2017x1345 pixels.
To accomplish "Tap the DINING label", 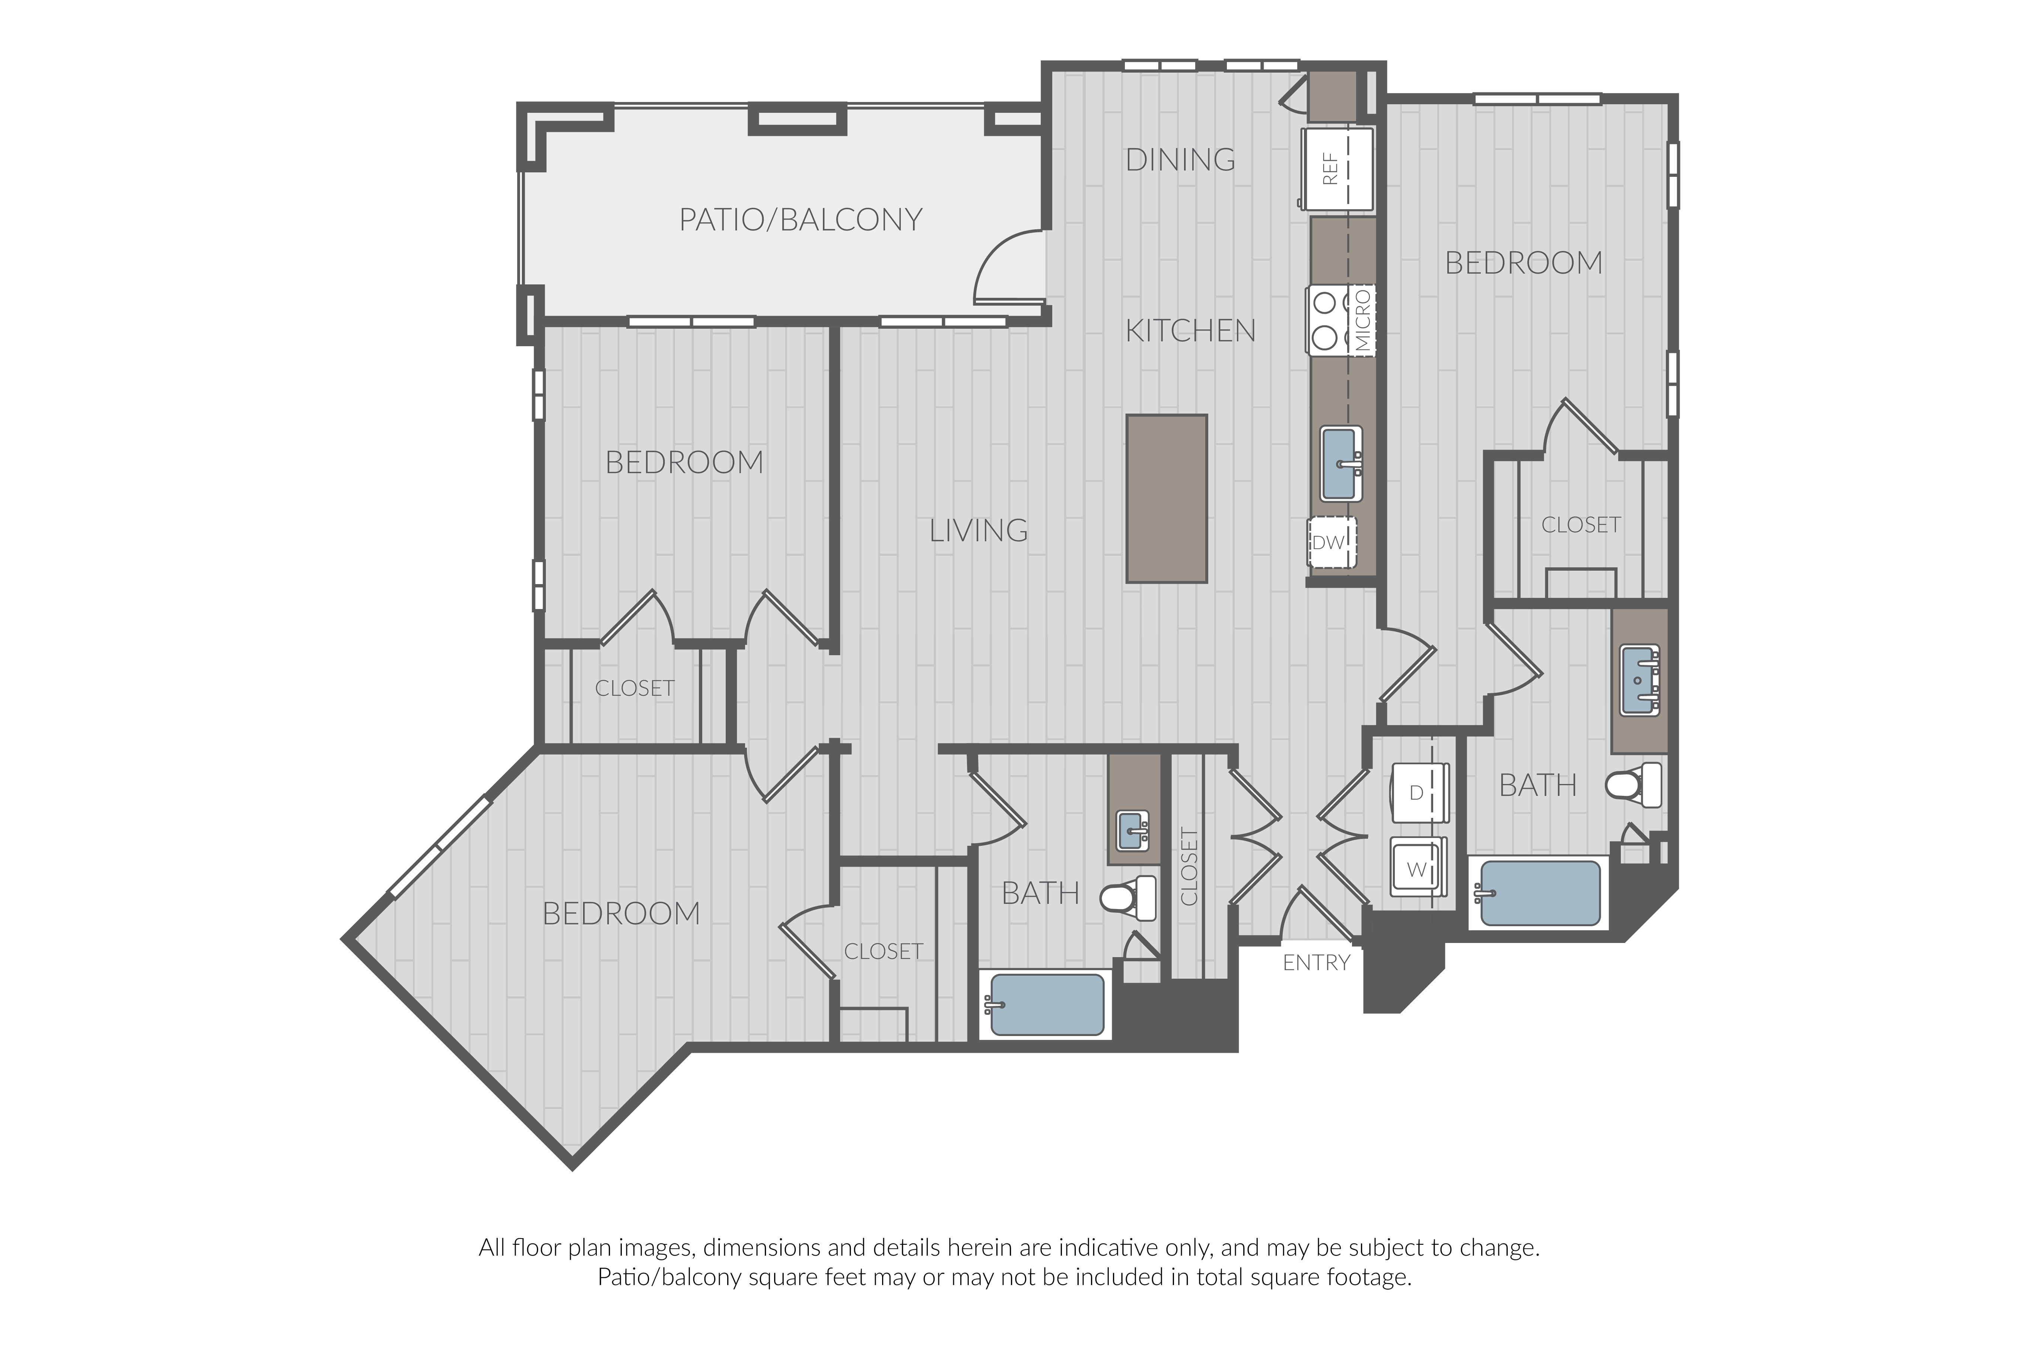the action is (x=1180, y=160).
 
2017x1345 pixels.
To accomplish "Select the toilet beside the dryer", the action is (x=1633, y=785).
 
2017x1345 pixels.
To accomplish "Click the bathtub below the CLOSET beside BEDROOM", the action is (x=1047, y=1004).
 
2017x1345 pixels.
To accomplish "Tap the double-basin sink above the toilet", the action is (x=1639, y=680).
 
